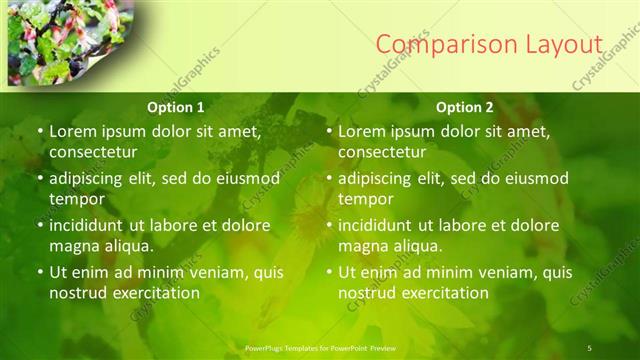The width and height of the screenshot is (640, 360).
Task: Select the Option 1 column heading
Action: click(176, 107)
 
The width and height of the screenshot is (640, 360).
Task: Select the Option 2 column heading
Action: click(465, 107)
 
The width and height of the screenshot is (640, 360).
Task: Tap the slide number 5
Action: click(590, 347)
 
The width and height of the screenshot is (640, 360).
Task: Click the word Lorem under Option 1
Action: click(75, 131)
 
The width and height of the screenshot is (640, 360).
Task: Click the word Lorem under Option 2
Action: click(364, 131)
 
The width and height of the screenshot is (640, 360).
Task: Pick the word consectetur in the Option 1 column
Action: click(92, 152)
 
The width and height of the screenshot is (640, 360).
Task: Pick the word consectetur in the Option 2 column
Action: click(381, 152)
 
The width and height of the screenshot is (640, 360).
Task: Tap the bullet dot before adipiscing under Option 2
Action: click(329, 179)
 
